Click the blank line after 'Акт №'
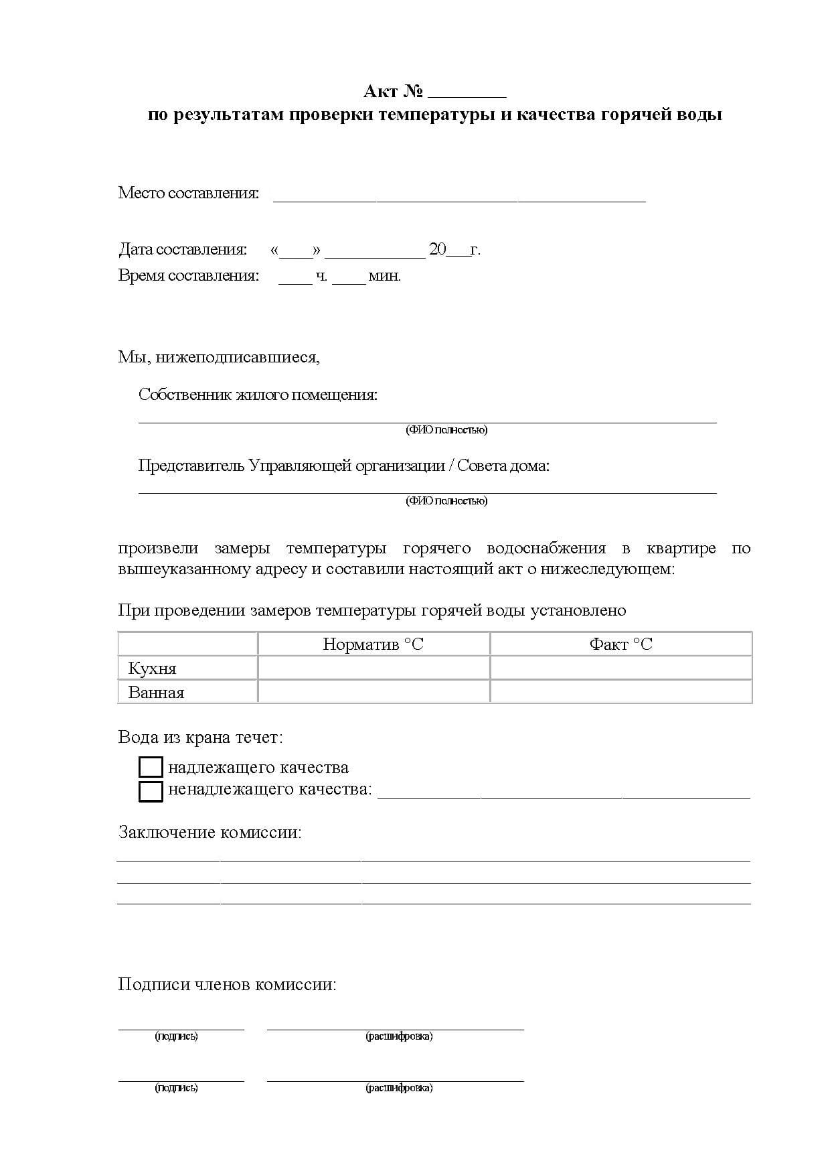point(467,94)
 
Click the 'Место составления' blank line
point(459,197)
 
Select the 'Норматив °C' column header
point(373,644)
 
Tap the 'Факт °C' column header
point(620,644)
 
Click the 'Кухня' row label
point(152,669)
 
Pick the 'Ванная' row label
point(156,693)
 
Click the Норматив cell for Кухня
point(373,668)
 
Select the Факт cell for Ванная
point(620,692)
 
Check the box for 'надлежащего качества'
point(151,768)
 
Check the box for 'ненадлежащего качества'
point(151,791)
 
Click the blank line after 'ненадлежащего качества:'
point(564,794)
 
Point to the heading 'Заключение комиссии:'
point(210,833)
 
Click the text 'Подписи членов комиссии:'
point(227,985)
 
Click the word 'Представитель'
point(191,466)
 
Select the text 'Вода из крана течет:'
point(201,738)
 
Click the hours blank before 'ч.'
point(295,280)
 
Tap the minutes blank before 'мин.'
point(349,280)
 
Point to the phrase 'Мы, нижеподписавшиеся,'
point(219,357)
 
